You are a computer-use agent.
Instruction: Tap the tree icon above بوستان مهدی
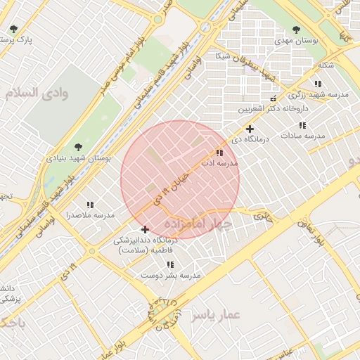coord(295,30)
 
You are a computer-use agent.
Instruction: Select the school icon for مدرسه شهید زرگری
coord(319,84)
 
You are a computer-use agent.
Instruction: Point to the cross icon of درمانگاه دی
coord(250,129)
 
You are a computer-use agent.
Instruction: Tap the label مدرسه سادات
coord(303,136)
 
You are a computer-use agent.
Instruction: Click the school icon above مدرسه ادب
coord(219,152)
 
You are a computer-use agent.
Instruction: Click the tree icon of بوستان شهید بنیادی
coord(77,146)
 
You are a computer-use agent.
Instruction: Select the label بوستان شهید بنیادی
coord(79,158)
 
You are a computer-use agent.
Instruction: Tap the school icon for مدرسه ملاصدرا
coord(89,204)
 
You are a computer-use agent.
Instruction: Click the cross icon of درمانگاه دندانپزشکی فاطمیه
coord(145,229)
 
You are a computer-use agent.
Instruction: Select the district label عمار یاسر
coord(215,316)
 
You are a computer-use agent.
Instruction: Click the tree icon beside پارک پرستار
coord(13,29)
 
